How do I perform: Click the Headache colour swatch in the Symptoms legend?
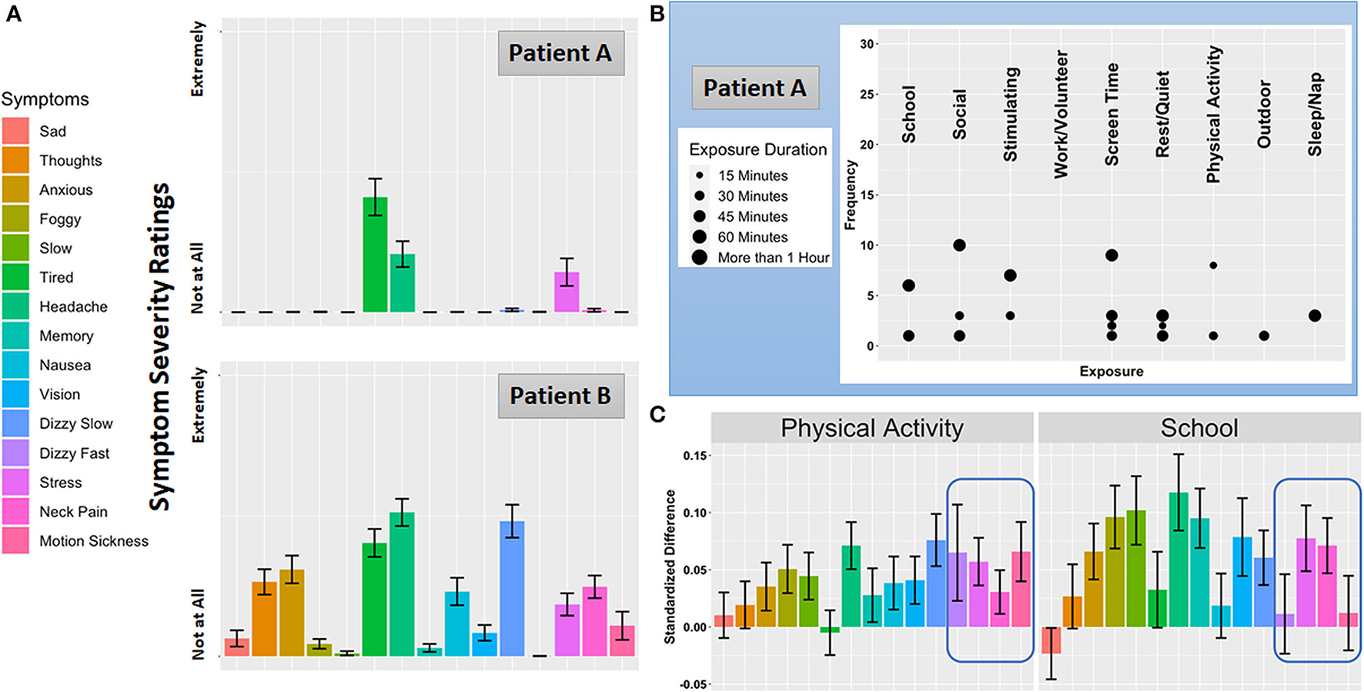pyautogui.click(x=15, y=306)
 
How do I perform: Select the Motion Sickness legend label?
pyautogui.click(x=94, y=541)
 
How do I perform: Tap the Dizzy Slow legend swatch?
pyautogui.click(x=15, y=423)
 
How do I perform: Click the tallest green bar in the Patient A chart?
pyautogui.click(x=375, y=255)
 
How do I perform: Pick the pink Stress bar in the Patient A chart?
pyautogui.click(x=567, y=292)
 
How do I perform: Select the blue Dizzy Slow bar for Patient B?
pyautogui.click(x=512, y=588)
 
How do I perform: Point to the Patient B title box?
pyautogui.click(x=560, y=396)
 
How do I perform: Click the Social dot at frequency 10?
pyautogui.click(x=959, y=246)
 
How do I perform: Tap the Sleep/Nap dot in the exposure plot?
pyautogui.click(x=1315, y=316)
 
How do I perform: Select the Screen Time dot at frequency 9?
pyautogui.click(x=1112, y=256)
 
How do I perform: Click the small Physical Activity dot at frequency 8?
pyautogui.click(x=1213, y=266)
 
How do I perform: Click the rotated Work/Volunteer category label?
pyautogui.click(x=1061, y=114)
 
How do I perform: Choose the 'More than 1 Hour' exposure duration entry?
pyautogui.click(x=773, y=258)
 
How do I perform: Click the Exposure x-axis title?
pyautogui.click(x=1111, y=371)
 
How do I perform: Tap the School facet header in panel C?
pyautogui.click(x=1199, y=428)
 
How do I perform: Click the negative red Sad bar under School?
pyautogui.click(x=1051, y=640)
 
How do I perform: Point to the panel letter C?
pyautogui.click(x=657, y=415)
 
